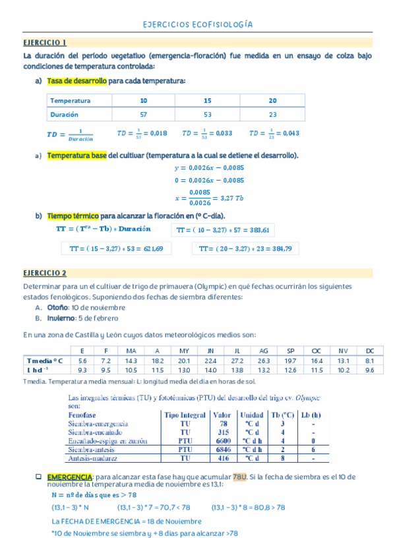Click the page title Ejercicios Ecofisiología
tap(197, 25)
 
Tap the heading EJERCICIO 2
tap(45, 273)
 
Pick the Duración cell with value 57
tap(144, 115)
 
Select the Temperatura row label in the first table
tap(71, 101)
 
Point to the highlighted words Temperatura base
tap(76, 156)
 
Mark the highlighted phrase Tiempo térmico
tap(73, 216)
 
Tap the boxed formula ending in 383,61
tap(224, 230)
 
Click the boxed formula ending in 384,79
tap(245, 249)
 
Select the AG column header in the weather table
tap(264, 351)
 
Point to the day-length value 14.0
tap(211, 370)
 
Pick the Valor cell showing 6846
tap(223, 449)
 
